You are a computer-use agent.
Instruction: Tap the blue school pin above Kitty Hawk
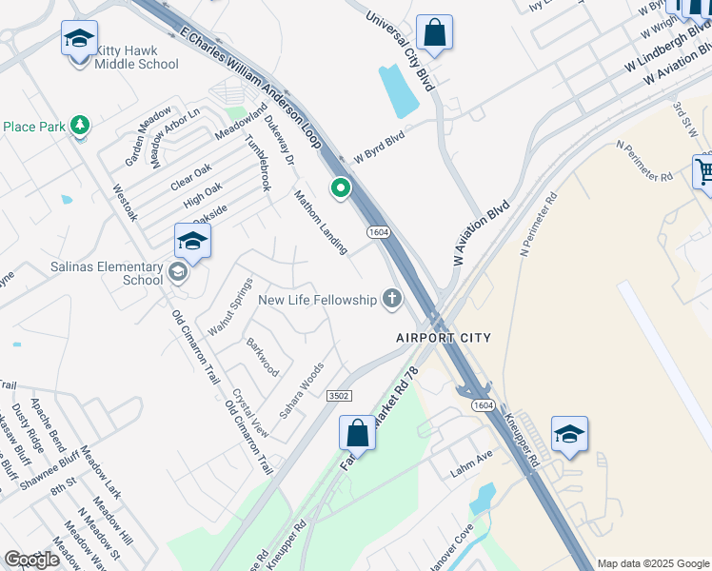click(x=79, y=40)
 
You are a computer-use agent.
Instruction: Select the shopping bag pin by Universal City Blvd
click(x=434, y=33)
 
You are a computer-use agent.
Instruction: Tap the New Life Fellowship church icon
click(x=391, y=300)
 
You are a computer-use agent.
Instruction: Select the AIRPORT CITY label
click(x=444, y=338)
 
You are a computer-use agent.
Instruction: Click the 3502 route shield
click(x=339, y=395)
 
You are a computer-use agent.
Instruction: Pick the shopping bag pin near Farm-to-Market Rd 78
click(x=358, y=433)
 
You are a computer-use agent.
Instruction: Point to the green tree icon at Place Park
click(x=80, y=126)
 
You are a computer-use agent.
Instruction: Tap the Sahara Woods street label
click(x=301, y=390)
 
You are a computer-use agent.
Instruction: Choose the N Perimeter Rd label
click(x=644, y=162)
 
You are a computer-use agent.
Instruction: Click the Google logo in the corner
click(x=31, y=560)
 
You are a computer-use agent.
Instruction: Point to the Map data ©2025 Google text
click(x=653, y=563)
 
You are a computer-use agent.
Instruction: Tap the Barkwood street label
click(x=263, y=356)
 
